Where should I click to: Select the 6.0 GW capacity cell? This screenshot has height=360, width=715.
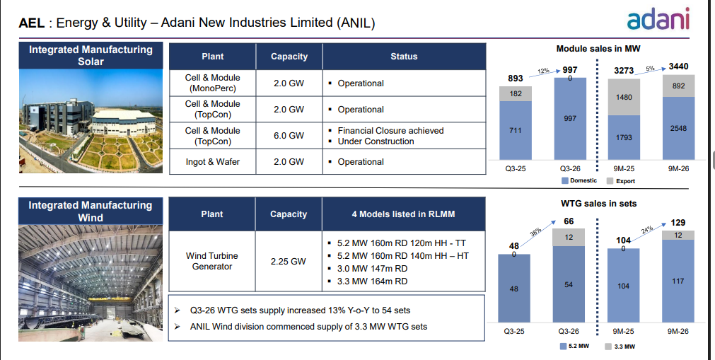pyautogui.click(x=289, y=136)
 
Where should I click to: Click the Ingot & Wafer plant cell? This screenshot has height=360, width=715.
pyautogui.click(x=212, y=162)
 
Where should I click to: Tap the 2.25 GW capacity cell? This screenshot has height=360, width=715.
pyautogui.click(x=289, y=261)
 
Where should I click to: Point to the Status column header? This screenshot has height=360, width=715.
pyautogui.click(x=404, y=57)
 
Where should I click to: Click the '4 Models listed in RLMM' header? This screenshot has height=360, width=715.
pyautogui.click(x=404, y=214)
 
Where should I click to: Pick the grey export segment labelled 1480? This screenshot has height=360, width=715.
pyautogui.click(x=624, y=97)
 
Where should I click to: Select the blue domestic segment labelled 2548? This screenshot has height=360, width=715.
pyautogui.click(x=678, y=129)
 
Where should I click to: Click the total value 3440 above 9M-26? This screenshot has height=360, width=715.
pyautogui.click(x=678, y=66)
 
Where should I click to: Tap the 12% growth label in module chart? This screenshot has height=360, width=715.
pyautogui.click(x=543, y=71)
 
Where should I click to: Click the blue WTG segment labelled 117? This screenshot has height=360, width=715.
pyautogui.click(x=678, y=281)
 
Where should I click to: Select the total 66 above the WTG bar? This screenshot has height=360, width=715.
pyautogui.click(x=569, y=221)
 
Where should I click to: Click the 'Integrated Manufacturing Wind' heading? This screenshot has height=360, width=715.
pyautogui.click(x=91, y=211)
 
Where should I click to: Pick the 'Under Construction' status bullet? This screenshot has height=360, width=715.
pyautogui.click(x=376, y=141)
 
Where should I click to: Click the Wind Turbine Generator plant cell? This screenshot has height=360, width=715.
pyautogui.click(x=212, y=261)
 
